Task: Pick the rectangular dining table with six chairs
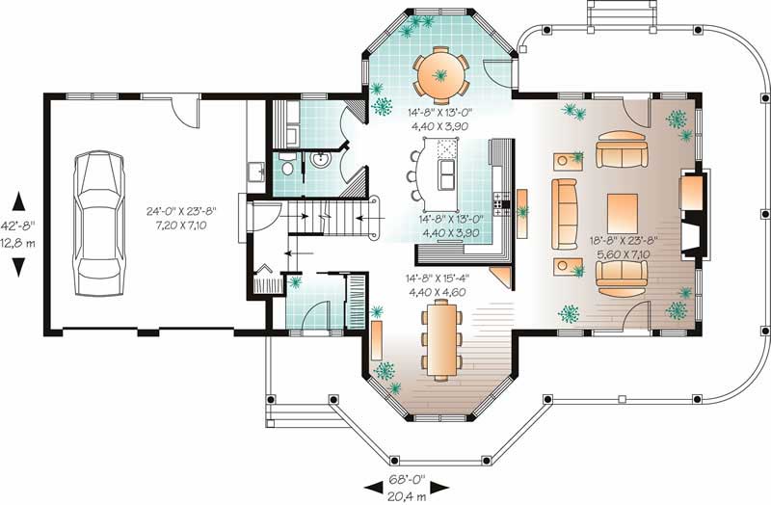(442, 335)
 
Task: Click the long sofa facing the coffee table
(563, 211)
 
